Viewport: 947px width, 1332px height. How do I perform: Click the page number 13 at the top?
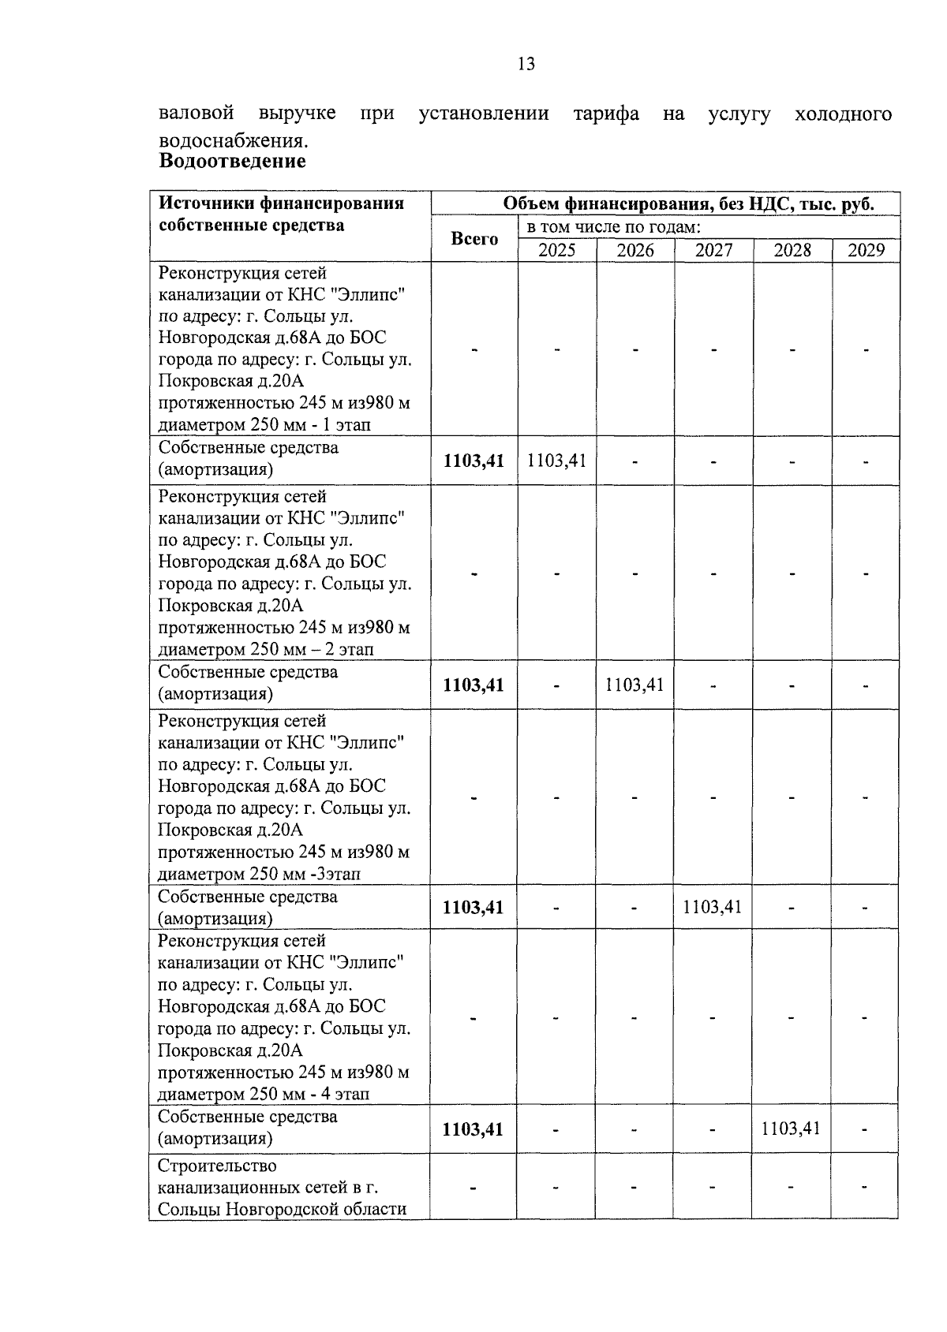526,65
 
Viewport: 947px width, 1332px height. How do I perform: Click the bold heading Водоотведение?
232,162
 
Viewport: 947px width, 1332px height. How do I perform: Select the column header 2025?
556,251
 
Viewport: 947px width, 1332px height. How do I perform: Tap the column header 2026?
635,251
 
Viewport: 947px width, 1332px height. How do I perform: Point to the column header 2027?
713,251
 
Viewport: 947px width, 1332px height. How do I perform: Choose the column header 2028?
792,251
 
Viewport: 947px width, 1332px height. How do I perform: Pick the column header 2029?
866,251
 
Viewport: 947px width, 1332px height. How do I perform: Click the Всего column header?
474,239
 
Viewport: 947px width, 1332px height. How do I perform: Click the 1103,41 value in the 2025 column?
556,461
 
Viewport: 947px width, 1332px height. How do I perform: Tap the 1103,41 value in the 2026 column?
634,685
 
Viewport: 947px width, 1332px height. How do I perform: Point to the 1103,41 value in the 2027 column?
713,907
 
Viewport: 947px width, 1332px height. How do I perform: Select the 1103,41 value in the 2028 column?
791,1129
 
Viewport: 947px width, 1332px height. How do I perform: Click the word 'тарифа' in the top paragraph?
606,114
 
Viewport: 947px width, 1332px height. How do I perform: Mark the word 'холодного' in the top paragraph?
844,114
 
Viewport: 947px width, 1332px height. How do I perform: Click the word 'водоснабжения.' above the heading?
233,141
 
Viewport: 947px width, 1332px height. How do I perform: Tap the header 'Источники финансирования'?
282,203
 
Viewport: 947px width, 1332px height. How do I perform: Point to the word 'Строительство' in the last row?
218,1166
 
